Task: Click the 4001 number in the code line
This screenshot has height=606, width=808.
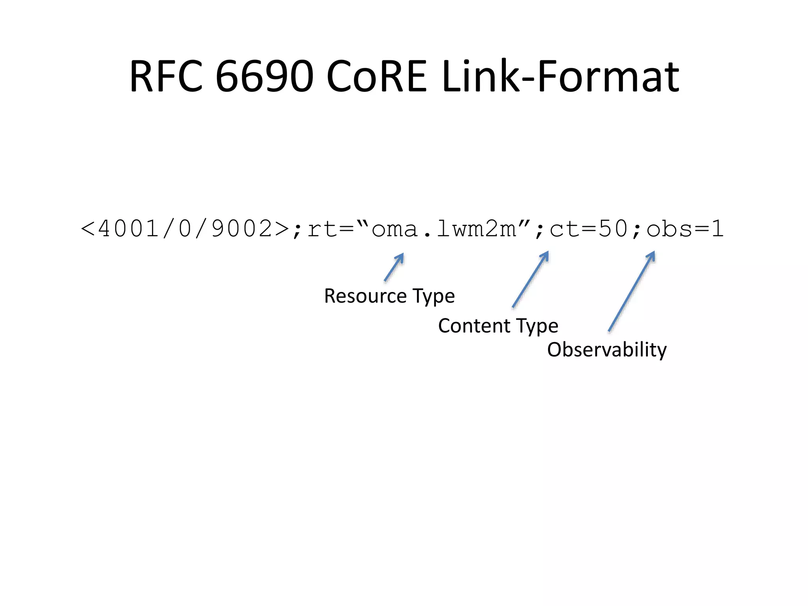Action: [x=128, y=229]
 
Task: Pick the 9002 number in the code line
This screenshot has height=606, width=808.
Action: [x=242, y=229]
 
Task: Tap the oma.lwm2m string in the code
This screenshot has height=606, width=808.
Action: [x=444, y=229]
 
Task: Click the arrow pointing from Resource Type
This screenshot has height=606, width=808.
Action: [x=394, y=267]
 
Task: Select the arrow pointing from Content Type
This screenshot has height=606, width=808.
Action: [x=530, y=279]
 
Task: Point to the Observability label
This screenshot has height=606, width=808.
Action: [x=607, y=350]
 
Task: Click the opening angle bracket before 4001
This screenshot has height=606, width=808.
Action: [x=88, y=229]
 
